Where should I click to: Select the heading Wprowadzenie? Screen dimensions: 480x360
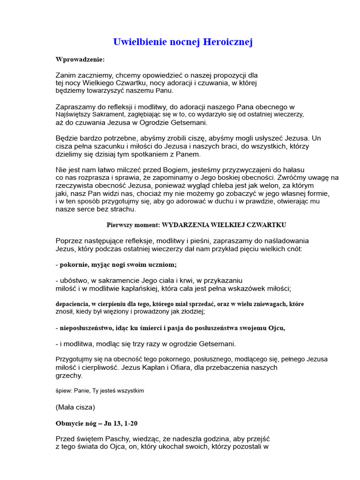[x=80, y=60]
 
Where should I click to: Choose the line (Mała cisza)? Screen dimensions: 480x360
[x=75, y=407]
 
